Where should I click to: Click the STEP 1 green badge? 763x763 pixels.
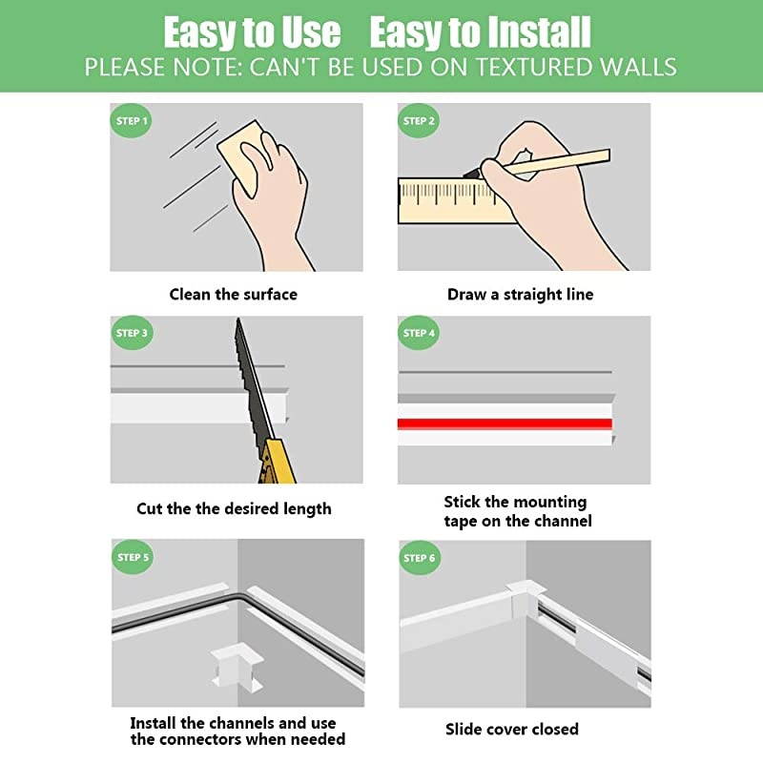[132, 121]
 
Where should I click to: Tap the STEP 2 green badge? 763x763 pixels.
[420, 121]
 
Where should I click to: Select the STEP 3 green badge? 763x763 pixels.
[132, 334]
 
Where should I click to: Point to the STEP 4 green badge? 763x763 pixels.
[420, 334]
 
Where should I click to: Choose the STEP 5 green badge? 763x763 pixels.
[132, 557]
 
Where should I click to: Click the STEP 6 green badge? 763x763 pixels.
[420, 558]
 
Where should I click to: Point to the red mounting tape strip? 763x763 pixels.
[505, 423]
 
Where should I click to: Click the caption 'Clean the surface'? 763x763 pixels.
[233, 294]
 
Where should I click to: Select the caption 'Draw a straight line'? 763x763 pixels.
[520, 295]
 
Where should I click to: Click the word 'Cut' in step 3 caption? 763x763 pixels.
[149, 508]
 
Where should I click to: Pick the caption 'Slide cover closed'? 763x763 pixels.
[512, 730]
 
